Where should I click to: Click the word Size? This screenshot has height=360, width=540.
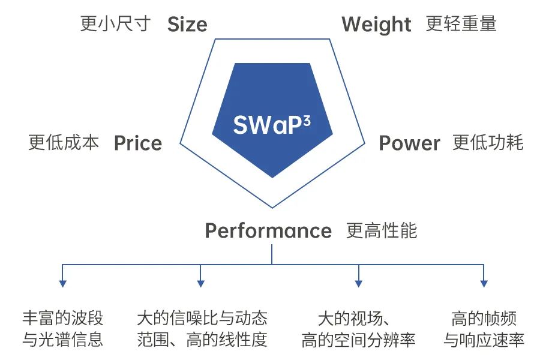pyautogui.click(x=187, y=25)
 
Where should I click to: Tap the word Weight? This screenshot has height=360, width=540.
pyautogui.click(x=376, y=25)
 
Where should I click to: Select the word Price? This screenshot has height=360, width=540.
pyautogui.click(x=138, y=143)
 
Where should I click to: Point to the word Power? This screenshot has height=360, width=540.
pyautogui.click(x=409, y=143)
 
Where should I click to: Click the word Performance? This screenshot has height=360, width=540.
pyautogui.click(x=268, y=231)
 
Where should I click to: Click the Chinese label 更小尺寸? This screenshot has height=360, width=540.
pyautogui.click(x=115, y=24)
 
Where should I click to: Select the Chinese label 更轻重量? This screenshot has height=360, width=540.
pyautogui.click(x=461, y=24)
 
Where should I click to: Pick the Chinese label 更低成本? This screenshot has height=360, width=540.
pyautogui.click(x=64, y=143)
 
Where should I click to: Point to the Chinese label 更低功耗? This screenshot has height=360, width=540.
pyautogui.click(x=488, y=143)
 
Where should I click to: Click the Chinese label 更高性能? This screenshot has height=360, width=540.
pyautogui.click(x=382, y=231)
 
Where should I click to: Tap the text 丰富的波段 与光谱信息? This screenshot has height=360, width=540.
pyautogui.click(x=62, y=329)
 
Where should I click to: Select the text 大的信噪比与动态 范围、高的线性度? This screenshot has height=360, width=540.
pyautogui.click(x=202, y=329)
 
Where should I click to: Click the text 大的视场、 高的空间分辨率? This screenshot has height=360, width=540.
pyautogui.click(x=358, y=329)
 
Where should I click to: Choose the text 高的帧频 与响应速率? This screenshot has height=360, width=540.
pyautogui.click(x=484, y=329)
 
